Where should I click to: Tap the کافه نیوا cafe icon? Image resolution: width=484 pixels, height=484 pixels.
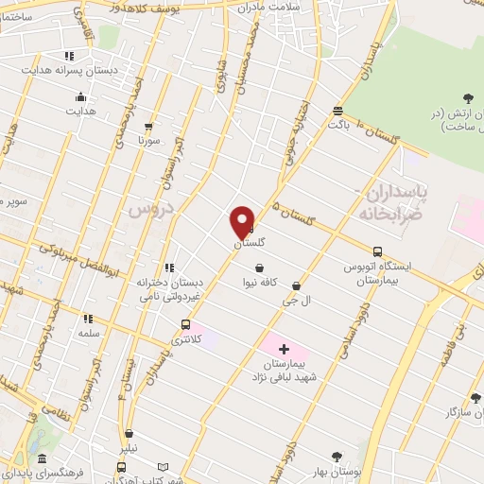259,268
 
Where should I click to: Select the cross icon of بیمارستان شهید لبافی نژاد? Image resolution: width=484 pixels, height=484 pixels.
284,350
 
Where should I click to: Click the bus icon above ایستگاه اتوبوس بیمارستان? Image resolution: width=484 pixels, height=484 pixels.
378,251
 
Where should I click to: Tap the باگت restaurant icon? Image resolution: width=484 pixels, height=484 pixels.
337,111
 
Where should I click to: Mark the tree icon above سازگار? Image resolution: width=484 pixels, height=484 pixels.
475,399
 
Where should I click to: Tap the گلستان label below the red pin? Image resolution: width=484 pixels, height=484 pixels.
249,243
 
